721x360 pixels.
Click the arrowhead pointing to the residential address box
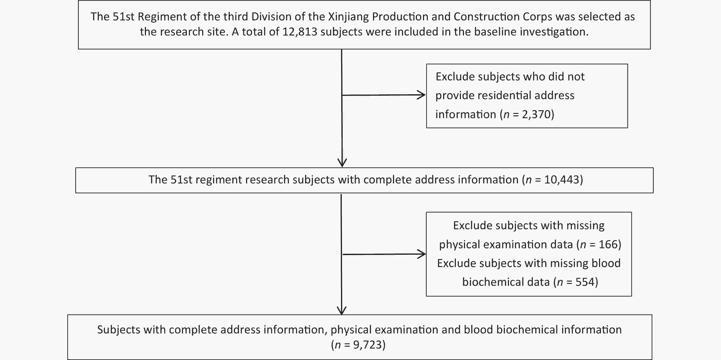coord(422,95)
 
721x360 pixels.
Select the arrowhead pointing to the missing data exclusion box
coord(422,254)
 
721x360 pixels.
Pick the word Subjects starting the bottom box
coord(119,330)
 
